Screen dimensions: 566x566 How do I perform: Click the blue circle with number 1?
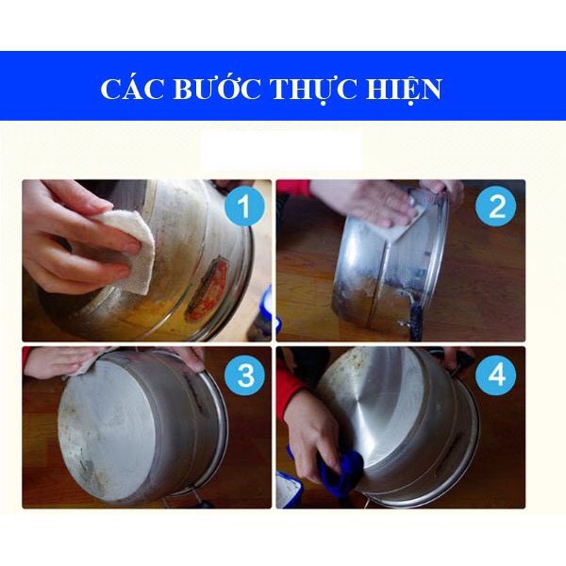point(245,208)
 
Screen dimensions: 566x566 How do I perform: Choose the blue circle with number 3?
point(245,376)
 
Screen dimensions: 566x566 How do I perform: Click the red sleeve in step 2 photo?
point(292,187)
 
